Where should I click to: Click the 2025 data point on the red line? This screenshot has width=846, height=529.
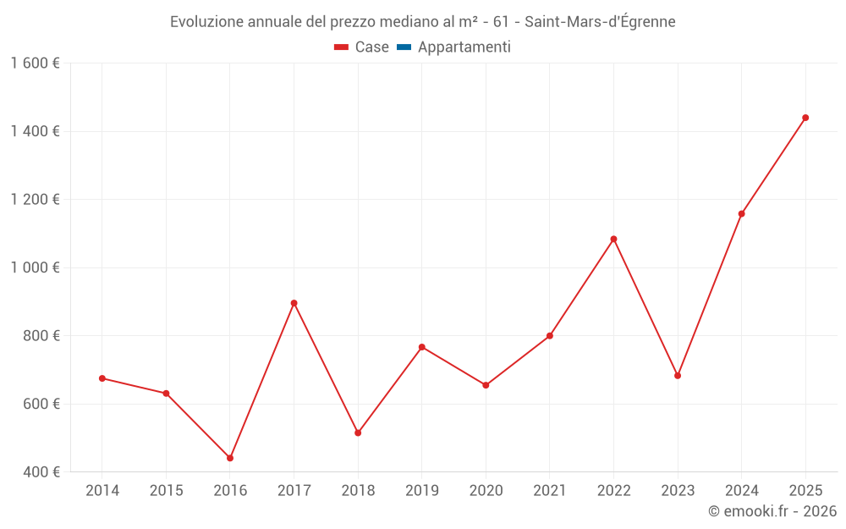[805, 118]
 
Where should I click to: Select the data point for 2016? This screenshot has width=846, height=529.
[230, 458]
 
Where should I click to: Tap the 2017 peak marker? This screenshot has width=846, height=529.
[294, 303]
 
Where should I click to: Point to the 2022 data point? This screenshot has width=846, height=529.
[613, 239]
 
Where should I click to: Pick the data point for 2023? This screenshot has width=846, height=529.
[678, 376]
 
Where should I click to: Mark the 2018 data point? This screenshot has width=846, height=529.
[358, 433]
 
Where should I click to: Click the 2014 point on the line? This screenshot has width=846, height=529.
[102, 378]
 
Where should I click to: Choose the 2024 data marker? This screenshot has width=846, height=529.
[741, 213]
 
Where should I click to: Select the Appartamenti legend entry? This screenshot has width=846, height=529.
[464, 47]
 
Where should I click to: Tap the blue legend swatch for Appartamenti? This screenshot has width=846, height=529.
[404, 47]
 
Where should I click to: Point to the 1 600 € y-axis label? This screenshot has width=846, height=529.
[35, 63]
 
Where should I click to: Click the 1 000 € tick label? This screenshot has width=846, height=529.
[35, 267]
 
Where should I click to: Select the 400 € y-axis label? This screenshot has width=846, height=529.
[41, 471]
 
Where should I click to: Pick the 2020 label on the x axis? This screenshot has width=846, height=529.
[486, 490]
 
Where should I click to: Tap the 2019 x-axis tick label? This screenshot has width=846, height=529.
[421, 490]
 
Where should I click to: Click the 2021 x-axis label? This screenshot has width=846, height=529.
[550, 490]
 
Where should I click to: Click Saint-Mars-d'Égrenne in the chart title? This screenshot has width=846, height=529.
[600, 22]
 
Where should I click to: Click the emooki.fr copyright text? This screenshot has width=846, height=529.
[772, 511]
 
